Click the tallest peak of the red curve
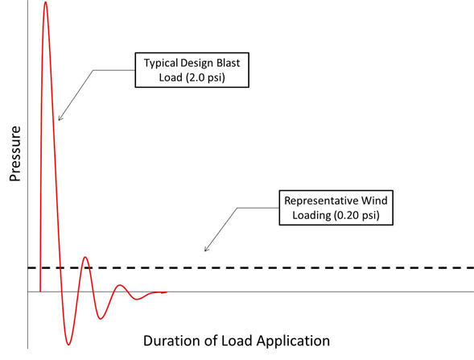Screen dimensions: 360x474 45,3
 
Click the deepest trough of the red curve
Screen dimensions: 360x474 69,345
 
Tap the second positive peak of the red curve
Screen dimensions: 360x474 86,258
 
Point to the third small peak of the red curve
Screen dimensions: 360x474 119,285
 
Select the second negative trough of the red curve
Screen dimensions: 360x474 101,320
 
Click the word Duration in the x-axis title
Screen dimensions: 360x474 170,340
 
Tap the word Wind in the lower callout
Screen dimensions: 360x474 377,200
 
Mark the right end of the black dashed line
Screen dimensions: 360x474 472,267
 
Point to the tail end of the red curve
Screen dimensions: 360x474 165,292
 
